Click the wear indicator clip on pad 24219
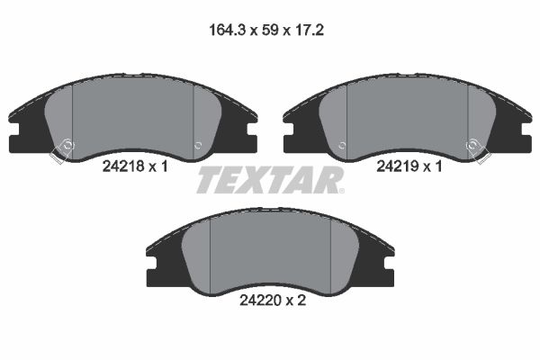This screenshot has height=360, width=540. tap(474, 149)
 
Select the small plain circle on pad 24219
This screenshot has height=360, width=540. tap(341, 145)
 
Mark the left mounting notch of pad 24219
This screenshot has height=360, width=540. tap(288, 141)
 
